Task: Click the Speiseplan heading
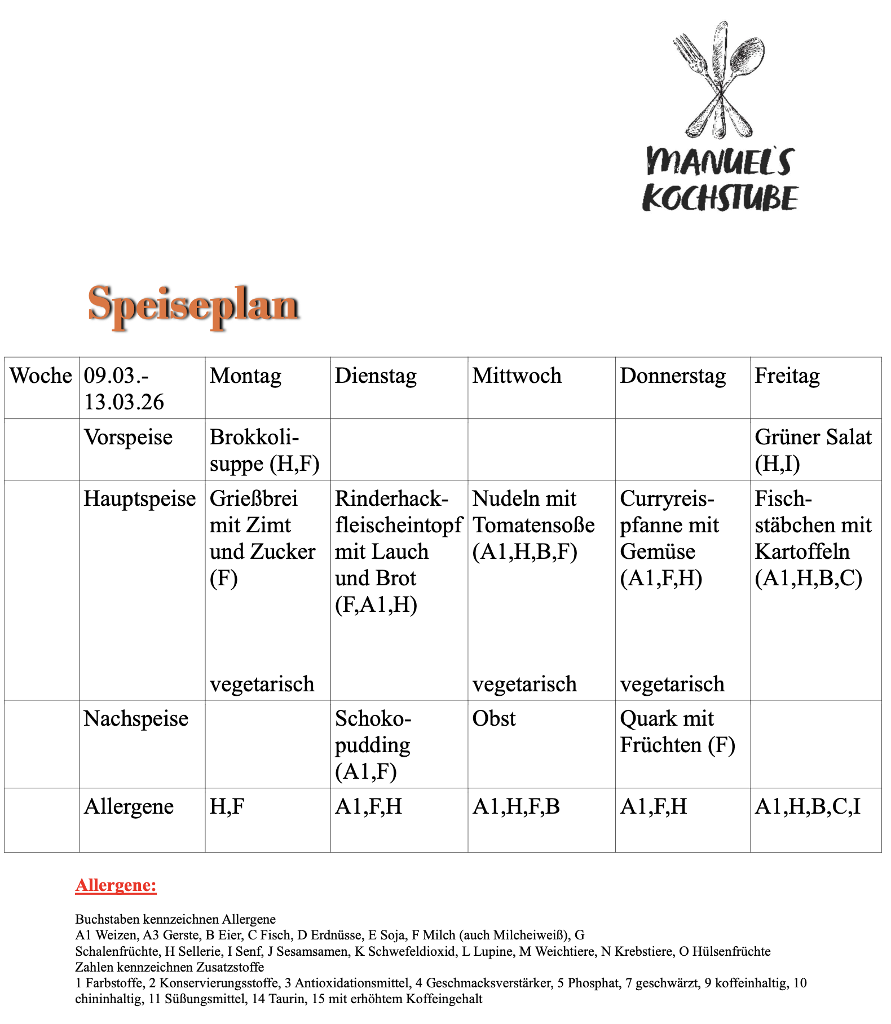(193, 305)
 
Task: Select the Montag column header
(245, 376)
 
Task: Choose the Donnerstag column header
(673, 376)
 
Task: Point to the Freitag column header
(787, 376)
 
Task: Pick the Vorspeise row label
(128, 438)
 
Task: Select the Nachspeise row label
(136, 719)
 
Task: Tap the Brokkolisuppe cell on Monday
(264, 451)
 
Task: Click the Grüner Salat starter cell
(813, 451)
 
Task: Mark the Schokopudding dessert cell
(373, 745)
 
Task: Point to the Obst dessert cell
(494, 719)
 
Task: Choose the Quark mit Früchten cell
(677, 732)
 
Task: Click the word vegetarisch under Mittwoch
(524, 684)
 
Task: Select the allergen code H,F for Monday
(227, 807)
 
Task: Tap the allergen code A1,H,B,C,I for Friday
(808, 807)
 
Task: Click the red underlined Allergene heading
(116, 885)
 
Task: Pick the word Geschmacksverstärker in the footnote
(489, 983)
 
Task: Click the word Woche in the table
(41, 376)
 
